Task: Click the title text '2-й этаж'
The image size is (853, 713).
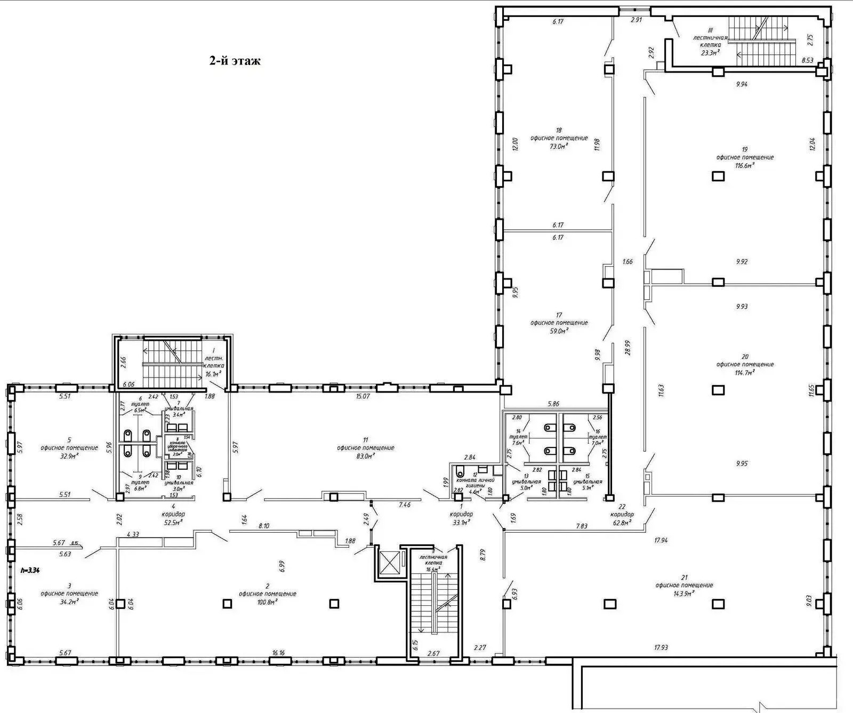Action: point(235,61)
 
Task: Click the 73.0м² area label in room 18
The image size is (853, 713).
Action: point(558,146)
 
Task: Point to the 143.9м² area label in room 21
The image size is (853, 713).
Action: point(684,593)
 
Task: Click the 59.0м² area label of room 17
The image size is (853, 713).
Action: point(559,331)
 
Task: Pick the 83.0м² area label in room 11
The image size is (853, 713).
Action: point(365,456)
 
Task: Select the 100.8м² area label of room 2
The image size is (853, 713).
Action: point(267,602)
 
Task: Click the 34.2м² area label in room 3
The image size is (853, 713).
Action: point(69,601)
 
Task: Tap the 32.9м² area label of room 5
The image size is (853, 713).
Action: point(69,456)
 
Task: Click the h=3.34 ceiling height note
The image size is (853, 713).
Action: point(30,570)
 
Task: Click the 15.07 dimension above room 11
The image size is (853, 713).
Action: point(363,396)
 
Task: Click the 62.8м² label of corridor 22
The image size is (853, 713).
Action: point(622,523)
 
